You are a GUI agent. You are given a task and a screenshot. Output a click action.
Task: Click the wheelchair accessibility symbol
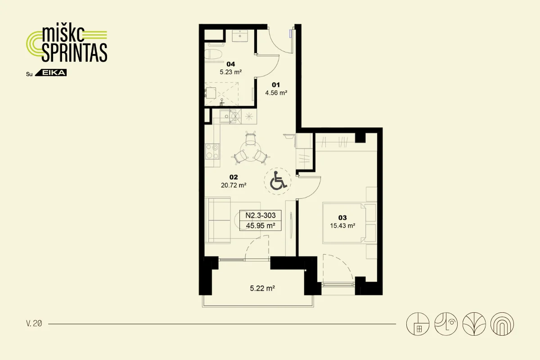(278, 180)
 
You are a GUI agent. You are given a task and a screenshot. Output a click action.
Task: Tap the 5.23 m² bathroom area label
(231, 72)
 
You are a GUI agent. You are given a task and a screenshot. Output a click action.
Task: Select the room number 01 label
(276, 85)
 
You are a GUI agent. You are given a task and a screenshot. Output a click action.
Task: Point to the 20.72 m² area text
(234, 185)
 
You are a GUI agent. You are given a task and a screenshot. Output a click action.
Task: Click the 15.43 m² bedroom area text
(342, 226)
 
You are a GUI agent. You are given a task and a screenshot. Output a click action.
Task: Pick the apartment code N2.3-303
(261, 215)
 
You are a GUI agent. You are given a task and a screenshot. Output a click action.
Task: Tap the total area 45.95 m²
(261, 226)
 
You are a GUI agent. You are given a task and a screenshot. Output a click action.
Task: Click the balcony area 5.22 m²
(262, 288)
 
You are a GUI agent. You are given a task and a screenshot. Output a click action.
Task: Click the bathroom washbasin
(240, 36)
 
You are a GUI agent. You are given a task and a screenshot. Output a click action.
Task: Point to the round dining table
(251, 151)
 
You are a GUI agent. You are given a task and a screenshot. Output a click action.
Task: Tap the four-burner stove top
(212, 152)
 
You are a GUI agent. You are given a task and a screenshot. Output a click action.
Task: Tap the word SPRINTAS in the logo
(75, 53)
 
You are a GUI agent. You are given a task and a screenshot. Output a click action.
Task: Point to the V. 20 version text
(34, 324)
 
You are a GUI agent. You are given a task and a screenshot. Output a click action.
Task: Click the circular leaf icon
(474, 324)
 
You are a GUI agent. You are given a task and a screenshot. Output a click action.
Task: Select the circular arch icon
(502, 324)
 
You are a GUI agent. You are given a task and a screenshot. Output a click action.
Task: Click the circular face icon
(446, 324)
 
